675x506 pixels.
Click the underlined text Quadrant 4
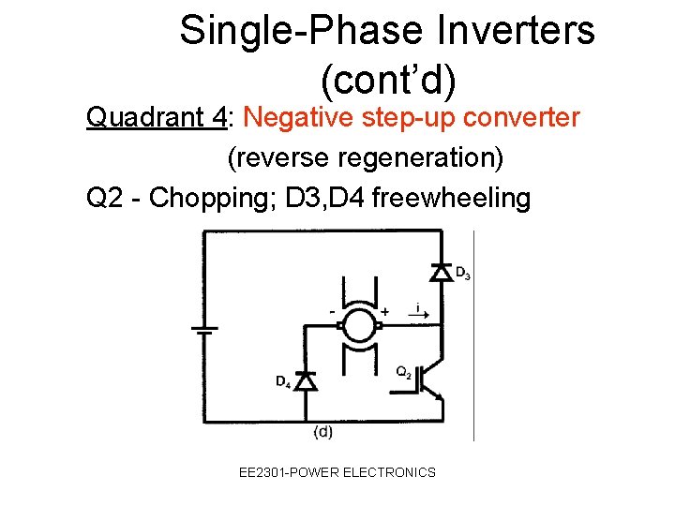(x=157, y=118)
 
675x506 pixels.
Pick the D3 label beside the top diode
(x=462, y=274)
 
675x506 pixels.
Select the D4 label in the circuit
(x=283, y=381)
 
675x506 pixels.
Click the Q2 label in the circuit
(x=404, y=371)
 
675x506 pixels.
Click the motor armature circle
(x=357, y=327)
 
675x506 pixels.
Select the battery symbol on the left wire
(x=204, y=329)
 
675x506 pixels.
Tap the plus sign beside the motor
(x=384, y=311)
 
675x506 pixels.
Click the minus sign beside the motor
(x=332, y=310)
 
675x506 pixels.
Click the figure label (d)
(x=322, y=432)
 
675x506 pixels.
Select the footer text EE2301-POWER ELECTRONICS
(x=337, y=472)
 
